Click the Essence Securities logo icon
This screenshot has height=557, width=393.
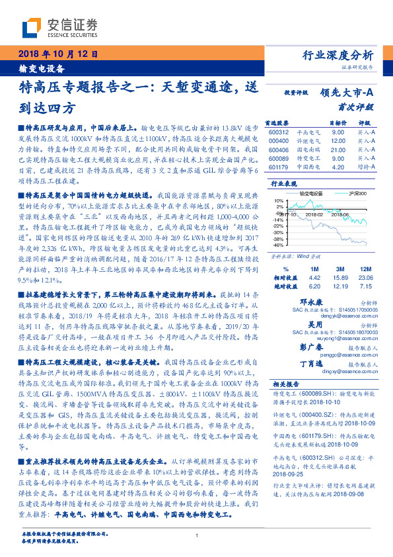(x=32, y=28)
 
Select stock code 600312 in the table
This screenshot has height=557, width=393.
(x=279, y=132)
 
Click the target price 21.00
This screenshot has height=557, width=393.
(x=337, y=150)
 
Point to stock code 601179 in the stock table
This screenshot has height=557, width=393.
(x=279, y=167)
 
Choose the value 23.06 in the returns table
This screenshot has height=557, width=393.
(x=365, y=279)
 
